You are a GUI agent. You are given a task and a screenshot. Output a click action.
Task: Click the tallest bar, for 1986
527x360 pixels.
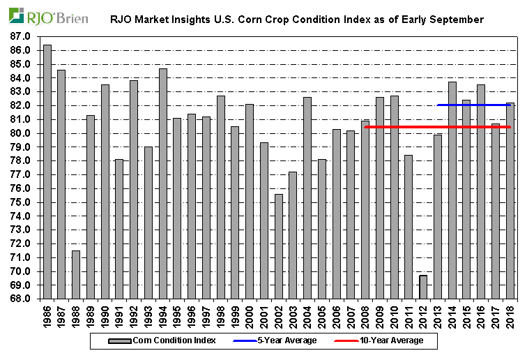pyautogui.click(x=47, y=172)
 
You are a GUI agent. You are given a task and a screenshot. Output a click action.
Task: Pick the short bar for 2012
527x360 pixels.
pyautogui.click(x=423, y=287)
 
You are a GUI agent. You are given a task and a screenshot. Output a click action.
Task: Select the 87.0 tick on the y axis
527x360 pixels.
pyautogui.click(x=20, y=36)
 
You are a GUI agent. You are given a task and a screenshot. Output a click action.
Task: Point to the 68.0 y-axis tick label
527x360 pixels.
pyautogui.click(x=20, y=299)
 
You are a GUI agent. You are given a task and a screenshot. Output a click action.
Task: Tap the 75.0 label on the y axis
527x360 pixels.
pyautogui.click(x=20, y=202)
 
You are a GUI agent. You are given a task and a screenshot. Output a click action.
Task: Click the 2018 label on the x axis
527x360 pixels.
pyautogui.click(x=510, y=314)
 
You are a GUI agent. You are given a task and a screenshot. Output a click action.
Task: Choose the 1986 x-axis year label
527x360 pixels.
pyautogui.click(x=47, y=314)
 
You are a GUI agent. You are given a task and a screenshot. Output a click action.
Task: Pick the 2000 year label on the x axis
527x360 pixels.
pyautogui.click(x=250, y=314)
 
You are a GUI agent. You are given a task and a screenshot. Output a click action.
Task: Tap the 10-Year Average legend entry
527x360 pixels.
pyautogui.click(x=392, y=340)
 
